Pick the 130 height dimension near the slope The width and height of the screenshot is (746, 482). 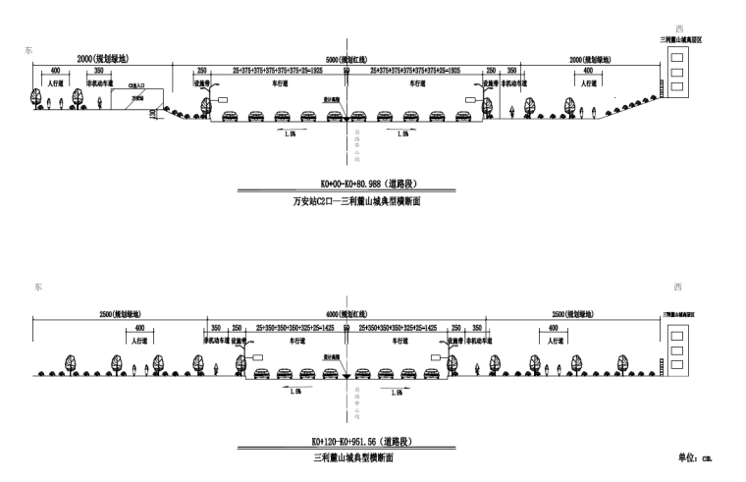152,115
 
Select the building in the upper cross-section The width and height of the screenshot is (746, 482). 678,70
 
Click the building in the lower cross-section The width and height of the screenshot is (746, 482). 678,344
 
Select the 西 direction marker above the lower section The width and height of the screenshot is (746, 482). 677,288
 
